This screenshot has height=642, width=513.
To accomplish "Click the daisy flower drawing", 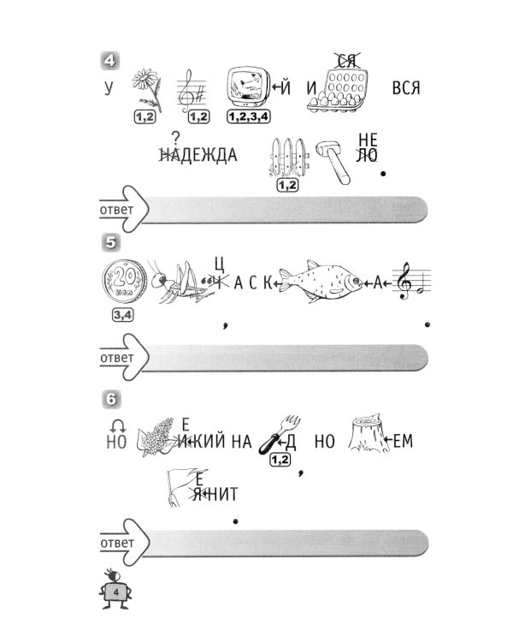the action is point(147,89).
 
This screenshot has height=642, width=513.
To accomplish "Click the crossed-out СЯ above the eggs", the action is point(346,61).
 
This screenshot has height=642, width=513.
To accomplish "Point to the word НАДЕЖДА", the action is point(198,155).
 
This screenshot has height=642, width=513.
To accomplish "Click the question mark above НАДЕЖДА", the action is point(176,138).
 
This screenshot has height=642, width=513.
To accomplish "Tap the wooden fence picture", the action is point(288,158).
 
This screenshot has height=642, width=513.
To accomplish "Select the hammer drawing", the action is point(333,162).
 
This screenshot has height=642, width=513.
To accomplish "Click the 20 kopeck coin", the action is point(124,282).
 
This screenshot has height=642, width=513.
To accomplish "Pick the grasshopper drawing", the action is point(180,281).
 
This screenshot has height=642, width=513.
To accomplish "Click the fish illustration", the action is point(321,282).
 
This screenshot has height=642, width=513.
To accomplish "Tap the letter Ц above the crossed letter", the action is point(219,265).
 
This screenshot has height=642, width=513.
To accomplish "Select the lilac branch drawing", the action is point(156,437).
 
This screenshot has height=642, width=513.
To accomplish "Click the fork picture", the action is point(280,435).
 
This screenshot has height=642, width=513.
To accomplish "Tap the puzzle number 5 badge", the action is point(111,243).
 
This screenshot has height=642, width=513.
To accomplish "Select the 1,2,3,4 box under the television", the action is point(249,117).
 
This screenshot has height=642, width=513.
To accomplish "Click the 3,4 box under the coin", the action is point(123,315).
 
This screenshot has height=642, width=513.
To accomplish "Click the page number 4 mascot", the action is point(115,589).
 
